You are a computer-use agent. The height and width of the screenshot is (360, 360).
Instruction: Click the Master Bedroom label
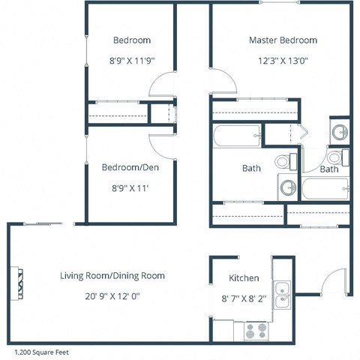(x=283, y=40)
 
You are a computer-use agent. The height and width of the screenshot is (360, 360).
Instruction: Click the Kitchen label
(x=244, y=277)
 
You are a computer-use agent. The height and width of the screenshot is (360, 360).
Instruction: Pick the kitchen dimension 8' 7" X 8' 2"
(x=244, y=298)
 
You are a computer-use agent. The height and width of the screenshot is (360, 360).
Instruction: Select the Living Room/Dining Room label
(x=112, y=275)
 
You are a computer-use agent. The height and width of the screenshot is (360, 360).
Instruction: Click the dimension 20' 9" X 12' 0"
(x=112, y=296)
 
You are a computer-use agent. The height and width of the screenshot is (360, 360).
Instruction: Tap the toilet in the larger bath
(x=283, y=160)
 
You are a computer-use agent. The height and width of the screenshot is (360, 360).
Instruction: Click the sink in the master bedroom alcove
(x=340, y=133)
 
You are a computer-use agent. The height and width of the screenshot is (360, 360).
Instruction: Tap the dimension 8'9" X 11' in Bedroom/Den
(x=131, y=190)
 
